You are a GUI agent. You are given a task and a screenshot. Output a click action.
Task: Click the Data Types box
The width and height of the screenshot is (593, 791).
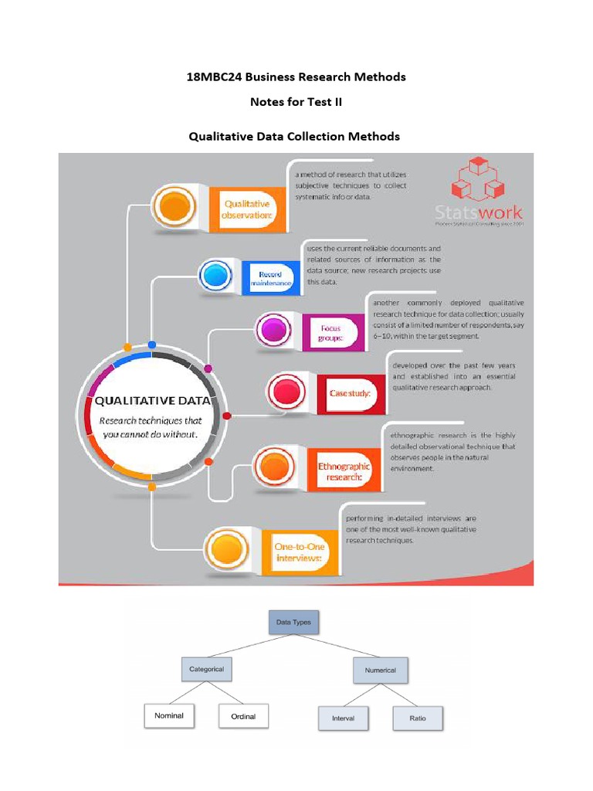tap(293, 620)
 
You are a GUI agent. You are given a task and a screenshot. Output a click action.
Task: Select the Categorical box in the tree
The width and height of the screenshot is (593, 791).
tap(206, 669)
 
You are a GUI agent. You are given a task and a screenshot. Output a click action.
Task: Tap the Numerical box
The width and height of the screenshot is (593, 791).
tap(380, 670)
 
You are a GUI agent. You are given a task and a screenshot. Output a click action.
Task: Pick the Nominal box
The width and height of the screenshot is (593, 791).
tap(169, 716)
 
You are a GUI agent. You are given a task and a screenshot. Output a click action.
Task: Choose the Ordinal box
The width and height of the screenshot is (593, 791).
tap(243, 717)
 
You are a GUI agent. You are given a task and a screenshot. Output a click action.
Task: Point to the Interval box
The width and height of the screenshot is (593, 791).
tap(343, 718)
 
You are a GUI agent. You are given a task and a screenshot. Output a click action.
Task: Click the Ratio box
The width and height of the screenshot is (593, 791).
tap(419, 718)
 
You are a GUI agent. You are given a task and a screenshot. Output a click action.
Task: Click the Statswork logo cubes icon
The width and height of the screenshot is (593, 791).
tap(477, 180)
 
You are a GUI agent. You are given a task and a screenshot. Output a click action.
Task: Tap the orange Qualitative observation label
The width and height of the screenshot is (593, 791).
tap(248, 209)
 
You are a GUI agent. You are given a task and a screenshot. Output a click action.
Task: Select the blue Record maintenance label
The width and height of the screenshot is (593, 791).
tap(269, 279)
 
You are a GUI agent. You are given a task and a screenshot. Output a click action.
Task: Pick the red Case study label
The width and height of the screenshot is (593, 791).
tap(350, 393)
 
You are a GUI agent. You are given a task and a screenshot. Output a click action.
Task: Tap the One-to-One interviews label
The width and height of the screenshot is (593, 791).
tap(300, 552)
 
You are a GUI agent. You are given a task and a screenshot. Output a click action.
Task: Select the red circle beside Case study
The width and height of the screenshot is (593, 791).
tap(286, 392)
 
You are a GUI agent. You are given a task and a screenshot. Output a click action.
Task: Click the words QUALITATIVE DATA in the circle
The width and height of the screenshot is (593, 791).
tap(151, 400)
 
